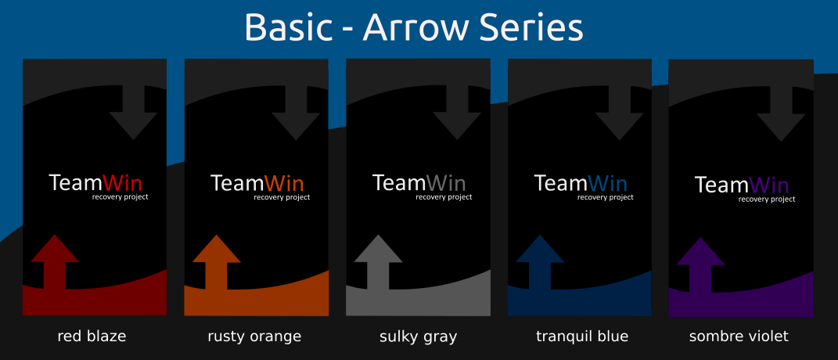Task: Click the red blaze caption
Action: tap(92, 337)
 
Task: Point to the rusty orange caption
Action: tap(254, 337)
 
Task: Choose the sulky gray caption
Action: tap(418, 337)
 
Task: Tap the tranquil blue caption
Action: tap(582, 337)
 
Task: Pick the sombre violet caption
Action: tap(739, 337)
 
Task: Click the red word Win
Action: tap(123, 183)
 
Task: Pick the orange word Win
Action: tap(285, 183)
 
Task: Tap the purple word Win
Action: tap(769, 185)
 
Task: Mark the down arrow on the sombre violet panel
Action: tap(780, 112)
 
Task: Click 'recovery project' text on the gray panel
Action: tap(444, 197)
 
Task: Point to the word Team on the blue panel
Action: tap(560, 183)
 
